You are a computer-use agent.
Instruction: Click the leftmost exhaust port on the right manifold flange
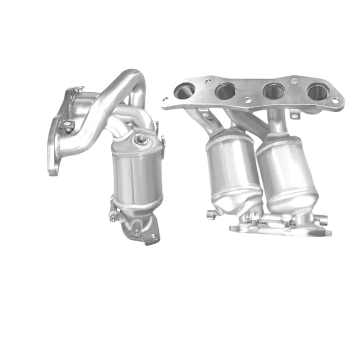click(184, 90)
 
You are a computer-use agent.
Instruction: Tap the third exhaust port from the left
click(273, 91)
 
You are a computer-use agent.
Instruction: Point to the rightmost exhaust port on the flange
click(318, 91)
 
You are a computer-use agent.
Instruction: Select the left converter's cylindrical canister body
click(136, 175)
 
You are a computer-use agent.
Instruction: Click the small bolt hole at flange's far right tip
click(335, 100)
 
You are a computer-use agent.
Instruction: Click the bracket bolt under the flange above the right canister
click(295, 116)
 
